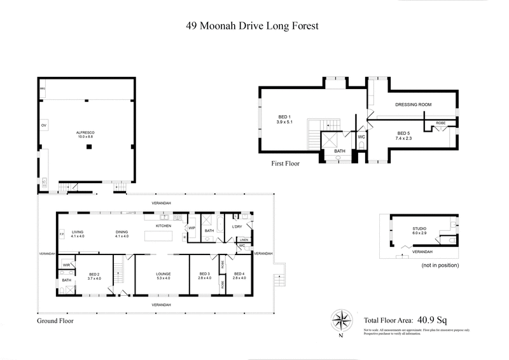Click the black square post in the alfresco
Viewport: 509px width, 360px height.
pos(88,148)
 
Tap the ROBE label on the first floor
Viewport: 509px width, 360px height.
pos(440,122)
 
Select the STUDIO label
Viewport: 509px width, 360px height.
pos(419,228)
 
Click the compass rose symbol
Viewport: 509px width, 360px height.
pos(342,319)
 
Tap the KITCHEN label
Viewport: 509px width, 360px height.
pos(165,226)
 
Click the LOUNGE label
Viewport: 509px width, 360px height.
pos(164,274)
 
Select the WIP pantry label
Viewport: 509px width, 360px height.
pos(192,227)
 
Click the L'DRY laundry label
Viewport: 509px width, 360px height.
pos(237,226)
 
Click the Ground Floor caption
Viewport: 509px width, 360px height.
pos(55,321)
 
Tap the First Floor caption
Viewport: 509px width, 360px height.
pos(284,163)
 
